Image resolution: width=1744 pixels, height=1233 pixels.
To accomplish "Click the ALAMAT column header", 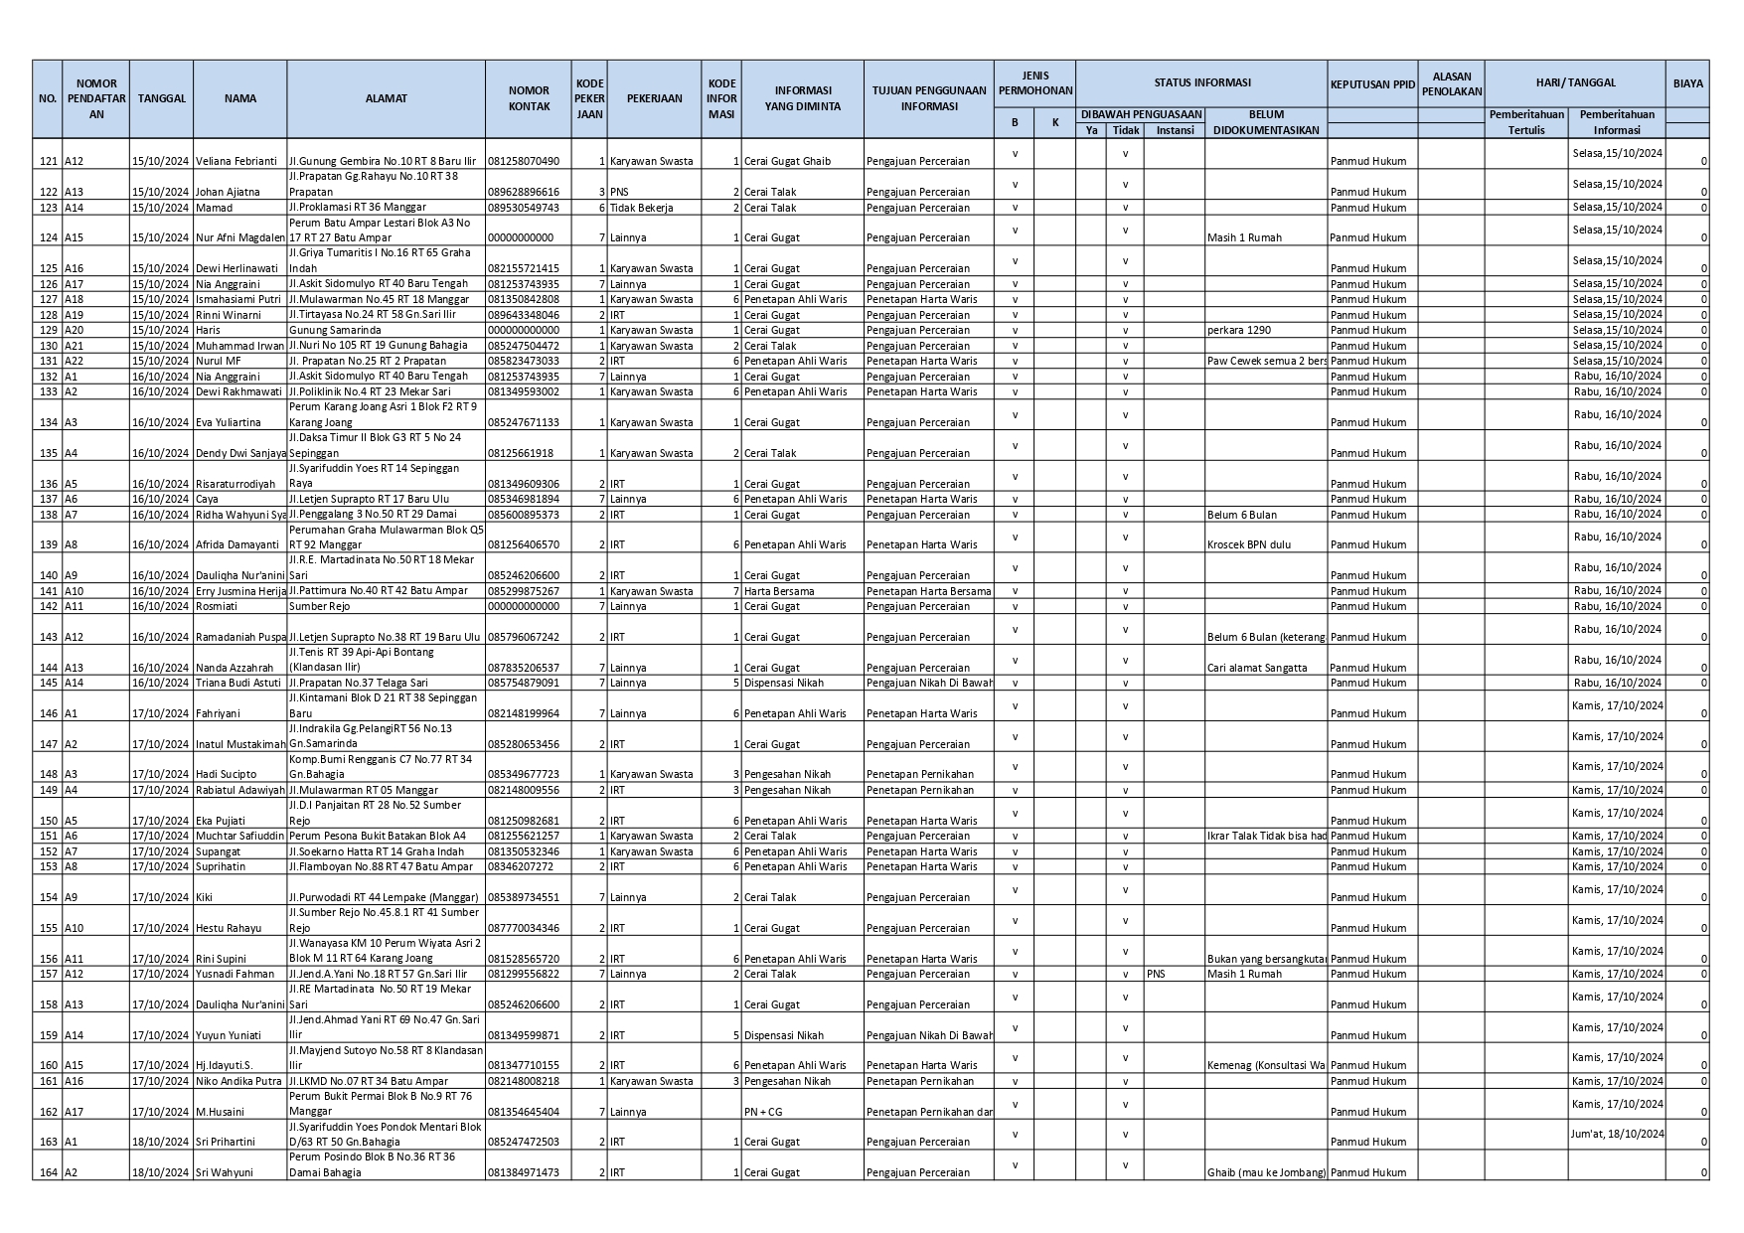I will pos(386,98).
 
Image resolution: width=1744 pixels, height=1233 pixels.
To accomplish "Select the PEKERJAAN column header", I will pos(654,98).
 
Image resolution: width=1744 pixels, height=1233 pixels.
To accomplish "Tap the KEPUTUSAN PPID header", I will pos(1371,84).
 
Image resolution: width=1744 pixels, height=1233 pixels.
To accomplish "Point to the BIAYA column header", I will pos(1686,83).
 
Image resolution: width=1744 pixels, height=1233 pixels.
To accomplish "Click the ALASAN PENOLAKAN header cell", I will pos(1451,83).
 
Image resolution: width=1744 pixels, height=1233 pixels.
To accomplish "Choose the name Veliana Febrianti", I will pos(235,161).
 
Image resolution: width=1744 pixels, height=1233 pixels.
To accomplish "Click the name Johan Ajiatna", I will pos(228,192).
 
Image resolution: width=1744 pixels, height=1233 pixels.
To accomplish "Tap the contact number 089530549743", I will pos(523,208).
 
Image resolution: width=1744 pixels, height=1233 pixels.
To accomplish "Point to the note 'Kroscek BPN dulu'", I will pos(1248,544).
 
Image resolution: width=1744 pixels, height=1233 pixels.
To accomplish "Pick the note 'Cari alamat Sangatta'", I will pos(1257,668).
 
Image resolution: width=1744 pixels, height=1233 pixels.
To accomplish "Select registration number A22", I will pos(76,361).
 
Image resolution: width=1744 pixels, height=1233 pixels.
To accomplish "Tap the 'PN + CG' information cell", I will pos(764,1112).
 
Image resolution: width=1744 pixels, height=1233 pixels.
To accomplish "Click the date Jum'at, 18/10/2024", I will pos(1617,1134).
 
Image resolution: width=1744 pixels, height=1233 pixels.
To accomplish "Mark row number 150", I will pos(47,821).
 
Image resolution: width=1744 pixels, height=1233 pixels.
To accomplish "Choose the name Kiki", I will pos(205,897).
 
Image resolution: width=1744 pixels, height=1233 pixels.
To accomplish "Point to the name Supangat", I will pos(218,851).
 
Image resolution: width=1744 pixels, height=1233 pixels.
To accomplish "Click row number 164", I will pos(47,1172).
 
